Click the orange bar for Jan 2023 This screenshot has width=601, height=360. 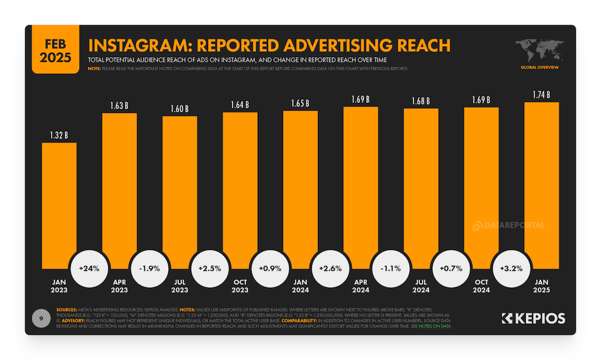point(59,204)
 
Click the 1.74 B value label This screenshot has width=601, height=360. point(541,94)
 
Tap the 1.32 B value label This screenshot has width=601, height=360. point(59,135)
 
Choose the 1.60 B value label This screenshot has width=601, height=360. point(179,109)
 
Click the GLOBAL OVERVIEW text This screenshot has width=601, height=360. point(539,67)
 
